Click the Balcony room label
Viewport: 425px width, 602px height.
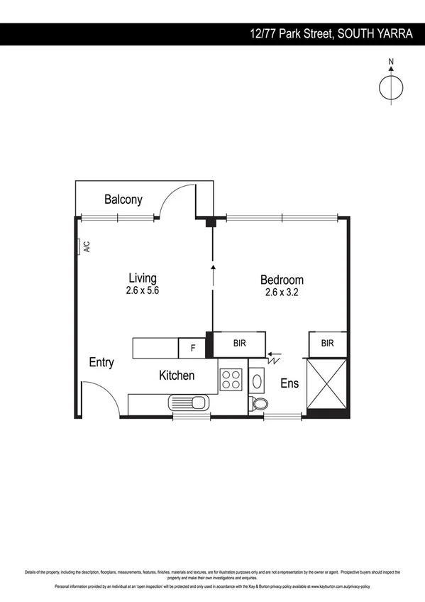click(123, 199)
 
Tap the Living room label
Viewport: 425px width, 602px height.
click(143, 278)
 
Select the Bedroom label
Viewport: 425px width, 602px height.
click(282, 280)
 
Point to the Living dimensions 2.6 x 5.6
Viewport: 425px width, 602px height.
click(143, 290)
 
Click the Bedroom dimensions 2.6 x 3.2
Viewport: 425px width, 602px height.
click(282, 291)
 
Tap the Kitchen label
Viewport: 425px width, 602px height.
click(177, 375)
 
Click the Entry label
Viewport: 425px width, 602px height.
click(101, 362)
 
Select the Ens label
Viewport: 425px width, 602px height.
click(289, 383)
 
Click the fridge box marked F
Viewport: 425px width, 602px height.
click(192, 348)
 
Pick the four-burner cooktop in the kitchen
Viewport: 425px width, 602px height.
click(231, 380)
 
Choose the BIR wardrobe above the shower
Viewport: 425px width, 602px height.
click(327, 343)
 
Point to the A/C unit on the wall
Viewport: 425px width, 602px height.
click(80, 247)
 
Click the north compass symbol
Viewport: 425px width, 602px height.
click(390, 86)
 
